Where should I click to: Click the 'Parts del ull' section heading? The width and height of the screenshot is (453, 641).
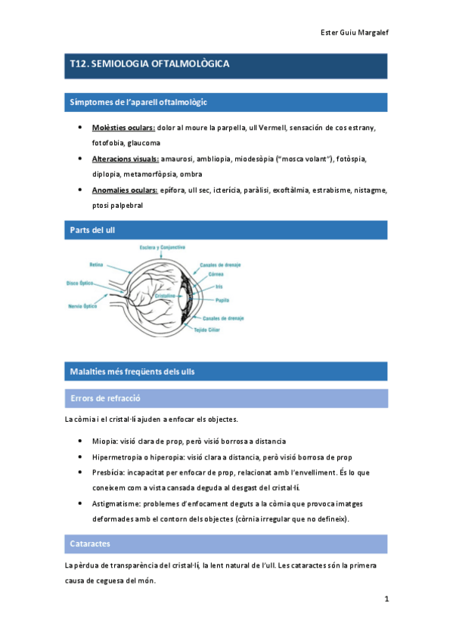coord(92,229)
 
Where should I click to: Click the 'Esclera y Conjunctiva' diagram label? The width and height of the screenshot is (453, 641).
coord(162,247)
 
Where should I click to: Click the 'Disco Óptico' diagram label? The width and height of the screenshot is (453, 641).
coord(79,283)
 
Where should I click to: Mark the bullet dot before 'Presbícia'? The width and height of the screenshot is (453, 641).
coord(81,472)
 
